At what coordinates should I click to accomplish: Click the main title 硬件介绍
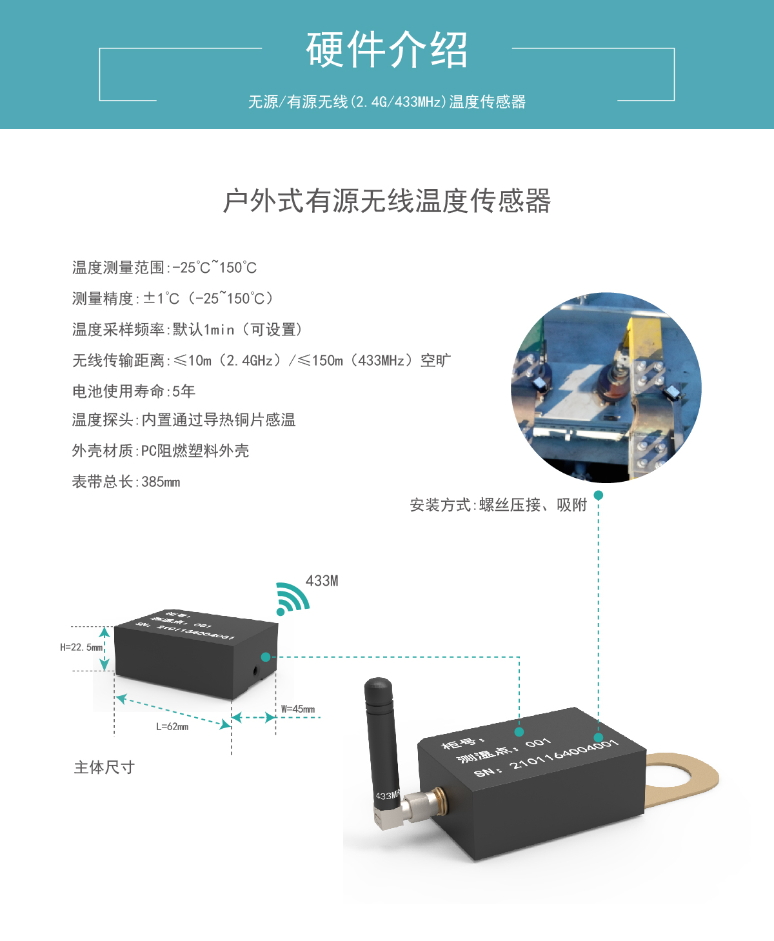pyautogui.click(x=386, y=50)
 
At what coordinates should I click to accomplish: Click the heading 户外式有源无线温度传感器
pyautogui.click(x=386, y=201)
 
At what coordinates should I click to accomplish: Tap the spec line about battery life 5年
pyautogui.click(x=134, y=391)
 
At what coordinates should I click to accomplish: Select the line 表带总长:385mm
pyautogui.click(x=126, y=482)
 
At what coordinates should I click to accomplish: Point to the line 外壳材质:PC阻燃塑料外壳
pyautogui.click(x=160, y=451)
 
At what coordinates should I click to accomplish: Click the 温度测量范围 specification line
pyautogui.click(x=164, y=268)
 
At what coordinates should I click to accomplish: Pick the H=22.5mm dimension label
pyautogui.click(x=81, y=648)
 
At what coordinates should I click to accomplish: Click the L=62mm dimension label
pyautogui.click(x=172, y=727)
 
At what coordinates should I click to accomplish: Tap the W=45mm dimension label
pyautogui.click(x=298, y=709)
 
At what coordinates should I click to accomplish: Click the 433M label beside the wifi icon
pyautogui.click(x=322, y=581)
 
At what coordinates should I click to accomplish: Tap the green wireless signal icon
pyautogui.click(x=291, y=599)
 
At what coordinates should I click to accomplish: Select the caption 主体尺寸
pyautogui.click(x=104, y=768)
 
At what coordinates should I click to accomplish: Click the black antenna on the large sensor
pyautogui.click(x=381, y=735)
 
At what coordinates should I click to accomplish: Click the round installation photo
pyautogui.click(x=606, y=388)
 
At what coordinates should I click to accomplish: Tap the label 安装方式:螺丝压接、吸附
pyautogui.click(x=498, y=505)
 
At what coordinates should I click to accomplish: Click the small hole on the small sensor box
pyautogui.click(x=256, y=671)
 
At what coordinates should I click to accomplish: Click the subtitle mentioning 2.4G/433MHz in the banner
pyautogui.click(x=386, y=102)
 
